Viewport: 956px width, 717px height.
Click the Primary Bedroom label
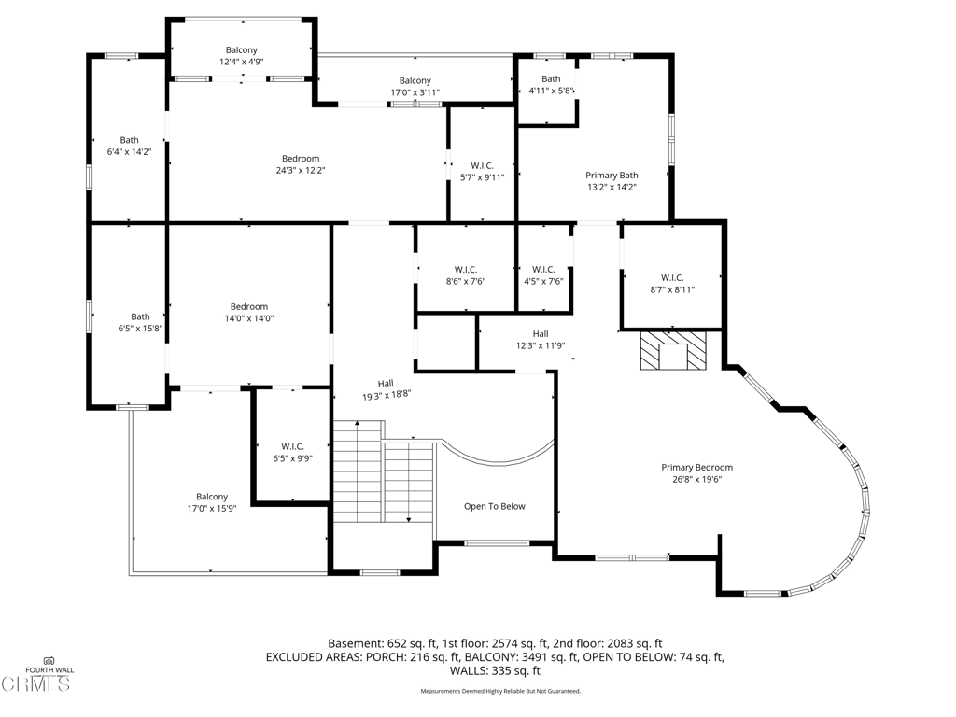[696, 468]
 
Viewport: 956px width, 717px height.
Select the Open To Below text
[494, 507]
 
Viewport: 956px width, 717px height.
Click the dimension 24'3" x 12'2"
[300, 171]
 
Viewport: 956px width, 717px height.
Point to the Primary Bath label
[612, 176]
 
